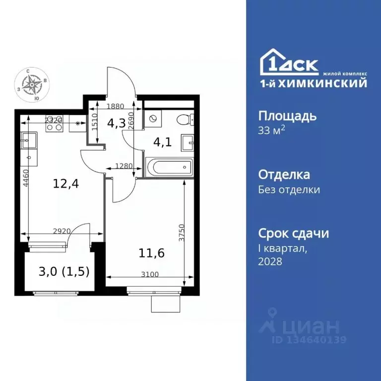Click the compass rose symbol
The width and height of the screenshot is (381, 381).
pos(33,85)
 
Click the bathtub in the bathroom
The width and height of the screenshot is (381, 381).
pos(168,167)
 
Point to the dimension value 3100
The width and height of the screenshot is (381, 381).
pos(149,274)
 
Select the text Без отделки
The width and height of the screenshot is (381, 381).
pos(289,190)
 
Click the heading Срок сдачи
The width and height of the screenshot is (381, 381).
pos(294,233)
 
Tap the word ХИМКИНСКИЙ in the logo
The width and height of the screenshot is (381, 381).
pos(328,83)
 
